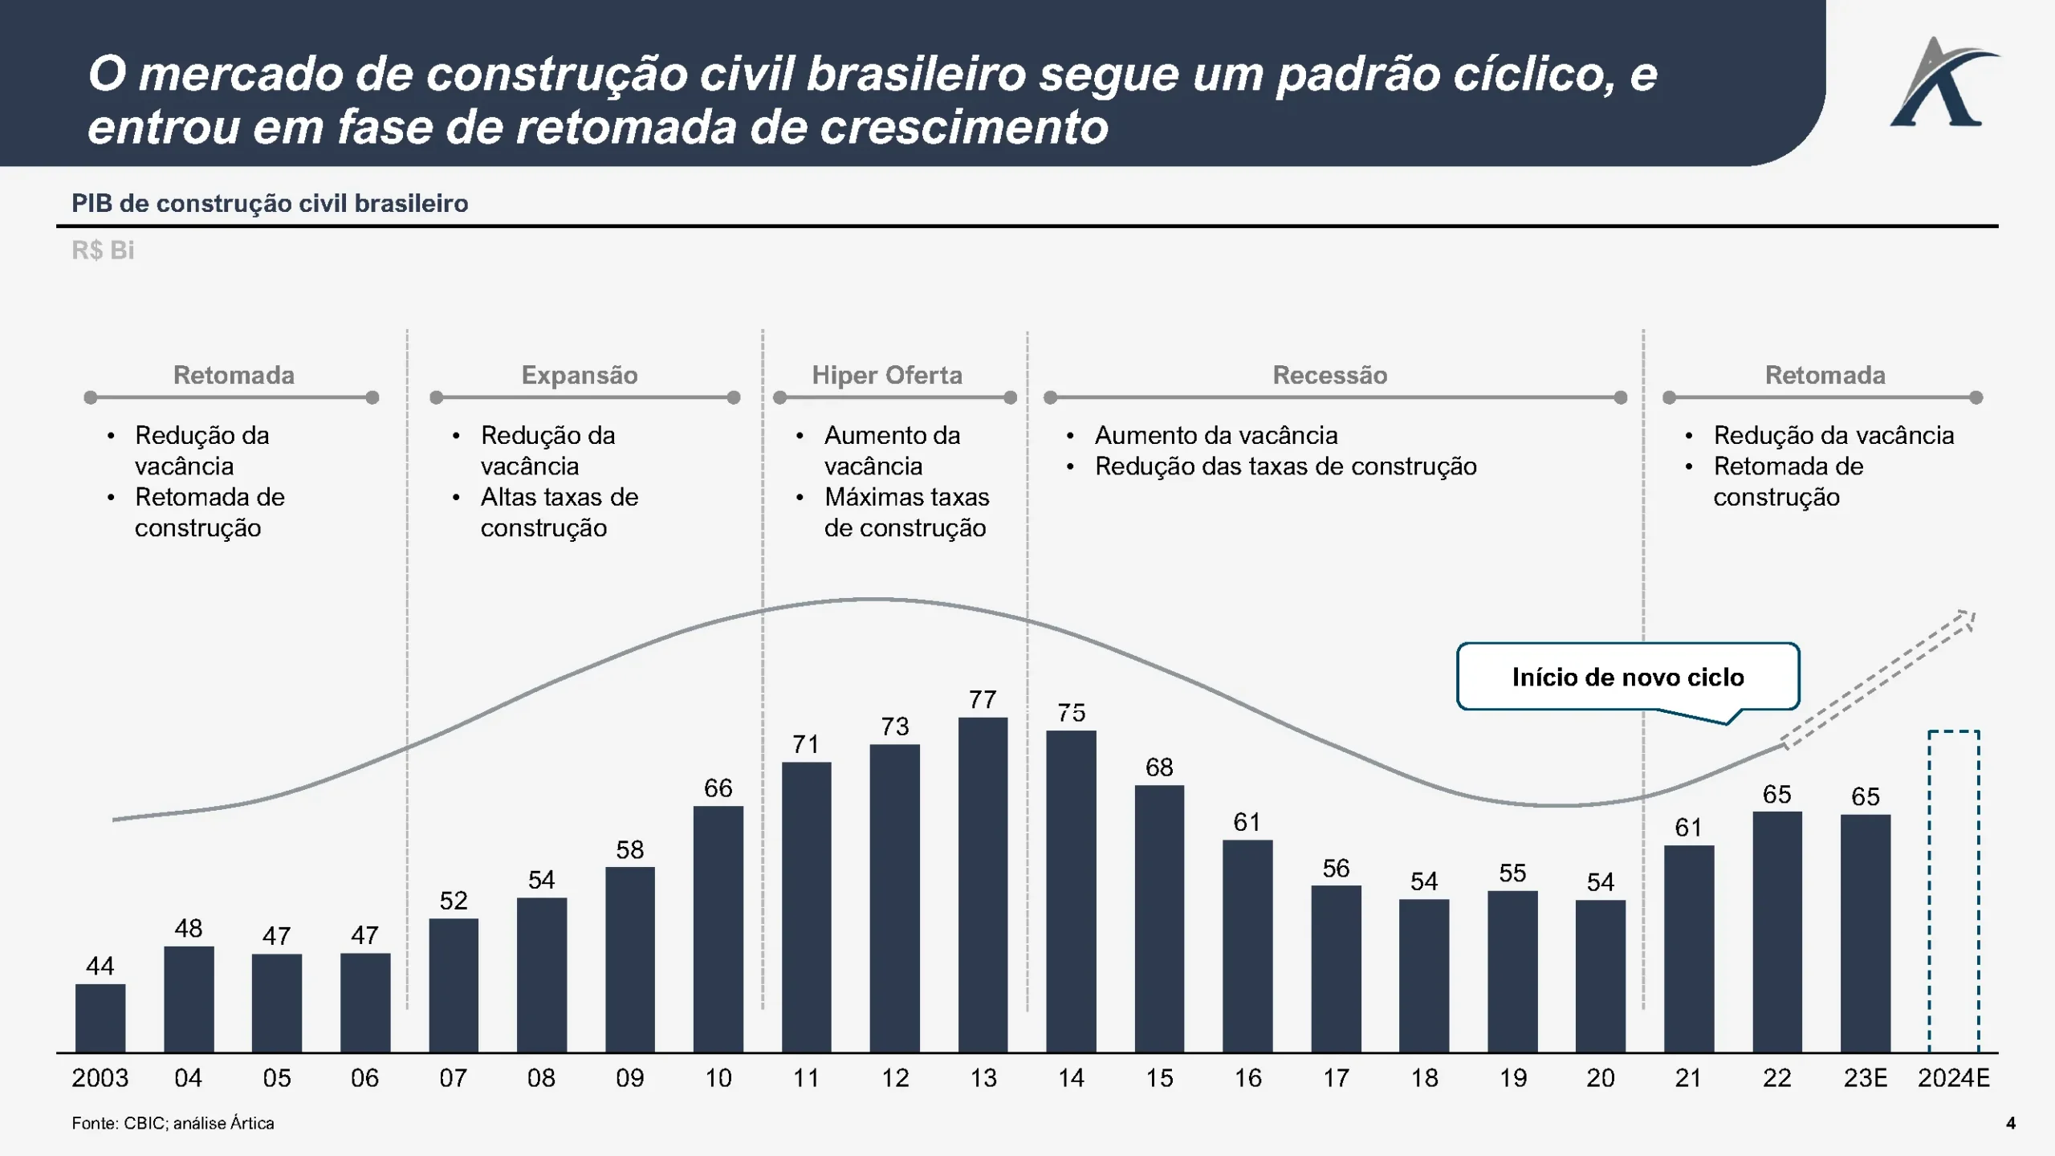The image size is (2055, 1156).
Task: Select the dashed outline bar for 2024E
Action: [1953, 891]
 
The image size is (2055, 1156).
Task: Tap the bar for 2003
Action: [100, 1018]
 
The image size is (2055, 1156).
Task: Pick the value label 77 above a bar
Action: [983, 700]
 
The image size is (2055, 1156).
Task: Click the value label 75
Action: [1071, 713]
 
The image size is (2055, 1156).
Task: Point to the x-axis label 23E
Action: [1865, 1078]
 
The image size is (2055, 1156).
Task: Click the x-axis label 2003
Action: [100, 1078]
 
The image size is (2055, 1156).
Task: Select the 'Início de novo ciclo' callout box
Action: [1628, 677]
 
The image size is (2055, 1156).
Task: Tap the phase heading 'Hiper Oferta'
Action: [887, 375]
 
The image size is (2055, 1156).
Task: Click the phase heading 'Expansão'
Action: [580, 375]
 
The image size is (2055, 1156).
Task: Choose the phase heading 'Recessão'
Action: [1330, 375]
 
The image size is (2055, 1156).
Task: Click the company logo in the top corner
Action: [1943, 84]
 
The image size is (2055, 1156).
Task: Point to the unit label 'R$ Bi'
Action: [103, 250]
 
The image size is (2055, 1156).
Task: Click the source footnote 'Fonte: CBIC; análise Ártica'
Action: [173, 1123]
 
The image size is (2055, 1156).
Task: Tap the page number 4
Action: [2011, 1123]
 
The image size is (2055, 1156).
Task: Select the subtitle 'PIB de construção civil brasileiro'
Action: [270, 203]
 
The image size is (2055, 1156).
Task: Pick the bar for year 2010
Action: [718, 929]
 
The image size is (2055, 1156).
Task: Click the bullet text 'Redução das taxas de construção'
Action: [1285, 466]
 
